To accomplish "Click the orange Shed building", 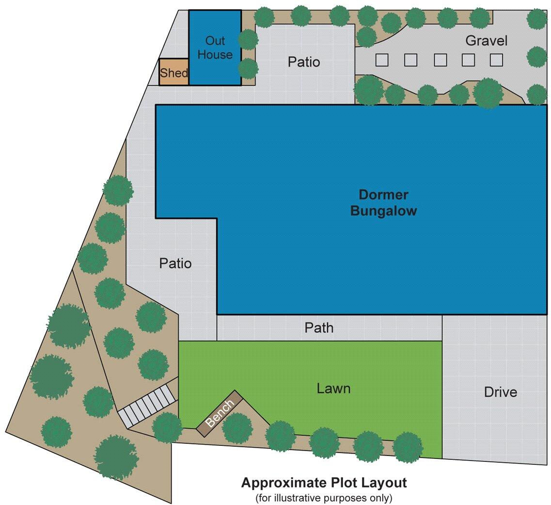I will click(173, 72).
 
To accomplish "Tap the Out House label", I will click(215, 48).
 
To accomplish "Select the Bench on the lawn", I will click(220, 413).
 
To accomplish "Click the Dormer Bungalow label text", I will click(383, 203).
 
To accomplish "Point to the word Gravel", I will click(486, 41).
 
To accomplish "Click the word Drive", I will click(500, 392).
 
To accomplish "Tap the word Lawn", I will click(333, 388).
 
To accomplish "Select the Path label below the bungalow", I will click(319, 328).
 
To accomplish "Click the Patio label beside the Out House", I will click(304, 62).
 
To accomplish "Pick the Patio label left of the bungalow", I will click(175, 263).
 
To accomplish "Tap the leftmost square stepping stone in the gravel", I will click(382, 60).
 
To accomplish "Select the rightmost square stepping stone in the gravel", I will click(496, 60).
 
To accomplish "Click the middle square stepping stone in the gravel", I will click(440, 60).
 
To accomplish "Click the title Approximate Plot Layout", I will click(324, 483).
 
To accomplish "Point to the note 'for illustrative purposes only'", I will click(324, 498).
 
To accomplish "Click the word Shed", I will click(173, 73).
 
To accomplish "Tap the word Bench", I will click(220, 413).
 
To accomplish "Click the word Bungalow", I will click(383, 212).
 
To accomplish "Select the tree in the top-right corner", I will click(537, 18).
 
